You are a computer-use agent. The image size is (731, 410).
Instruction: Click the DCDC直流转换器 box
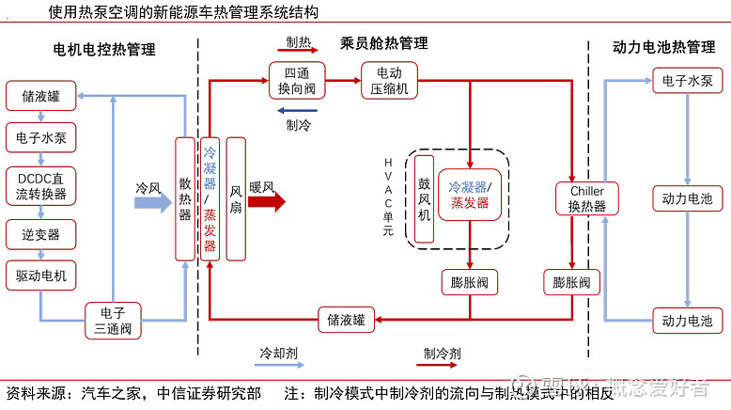click(41, 185)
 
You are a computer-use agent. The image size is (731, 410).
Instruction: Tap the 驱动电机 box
click(41, 276)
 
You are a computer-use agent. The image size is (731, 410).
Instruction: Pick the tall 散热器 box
click(185, 199)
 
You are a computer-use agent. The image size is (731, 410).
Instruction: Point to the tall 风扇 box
click(236, 199)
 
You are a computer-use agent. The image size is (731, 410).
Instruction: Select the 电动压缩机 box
click(389, 81)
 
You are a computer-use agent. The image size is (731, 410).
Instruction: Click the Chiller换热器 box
click(587, 198)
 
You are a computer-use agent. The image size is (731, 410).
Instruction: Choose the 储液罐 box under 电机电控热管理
click(41, 96)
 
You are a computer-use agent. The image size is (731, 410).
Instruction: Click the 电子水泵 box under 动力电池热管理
click(687, 81)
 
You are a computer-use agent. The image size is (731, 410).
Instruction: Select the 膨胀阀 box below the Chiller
click(571, 282)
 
